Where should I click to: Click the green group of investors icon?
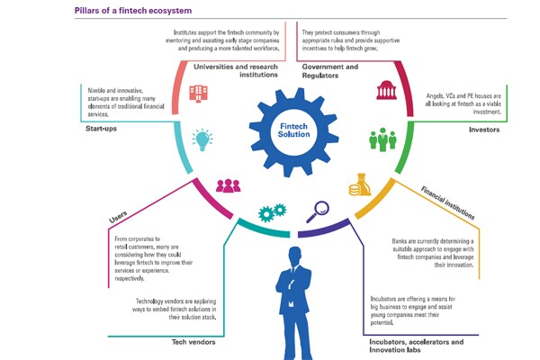[382, 139]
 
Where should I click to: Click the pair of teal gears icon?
[271, 212]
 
